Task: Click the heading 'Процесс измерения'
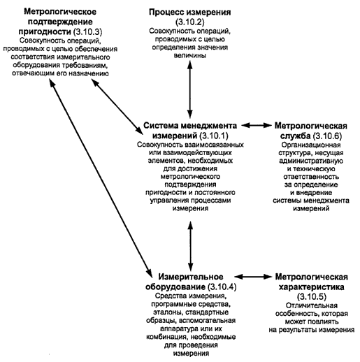coord(190,12)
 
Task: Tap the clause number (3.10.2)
coord(190,22)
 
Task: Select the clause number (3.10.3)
coord(87,31)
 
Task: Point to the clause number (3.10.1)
coord(214,136)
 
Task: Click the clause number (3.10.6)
coord(327,136)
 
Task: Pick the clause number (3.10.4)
coord(222,287)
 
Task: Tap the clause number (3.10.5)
coord(312,297)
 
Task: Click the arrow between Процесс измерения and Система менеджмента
coord(190,89)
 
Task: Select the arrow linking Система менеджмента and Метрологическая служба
coord(257,125)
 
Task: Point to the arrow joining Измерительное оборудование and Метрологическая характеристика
coord(253,277)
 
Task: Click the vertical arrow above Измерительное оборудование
coord(191,246)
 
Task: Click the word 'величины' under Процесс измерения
coord(190,55)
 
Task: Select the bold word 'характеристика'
coord(312,287)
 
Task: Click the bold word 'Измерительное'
coord(191,277)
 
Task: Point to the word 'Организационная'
coord(311,145)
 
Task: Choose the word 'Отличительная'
coord(312,305)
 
